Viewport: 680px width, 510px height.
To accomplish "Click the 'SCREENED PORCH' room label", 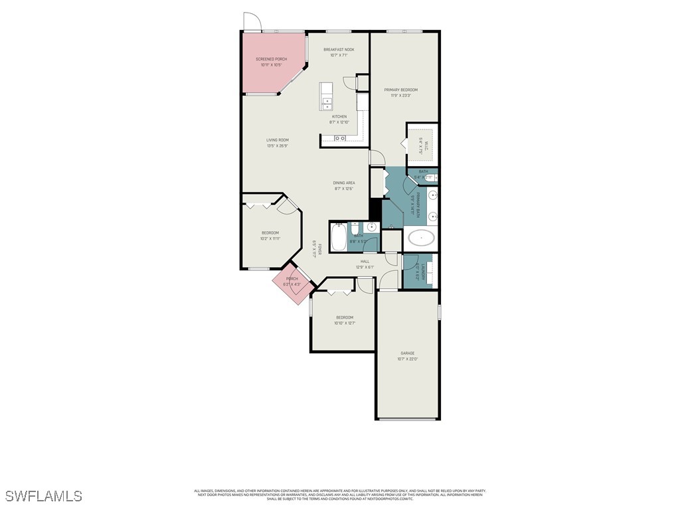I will (271, 59).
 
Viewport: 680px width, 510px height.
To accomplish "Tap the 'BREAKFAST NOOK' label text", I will (339, 50).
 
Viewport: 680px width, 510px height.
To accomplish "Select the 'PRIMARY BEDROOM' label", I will (400, 90).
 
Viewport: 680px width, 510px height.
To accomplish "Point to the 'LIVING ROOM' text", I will (278, 140).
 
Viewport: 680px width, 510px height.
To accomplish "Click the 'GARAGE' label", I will (407, 353).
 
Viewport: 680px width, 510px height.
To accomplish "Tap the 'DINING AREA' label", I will (344, 183).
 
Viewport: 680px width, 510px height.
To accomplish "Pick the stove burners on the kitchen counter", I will (339, 138).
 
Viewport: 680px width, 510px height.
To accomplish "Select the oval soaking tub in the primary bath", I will (421, 237).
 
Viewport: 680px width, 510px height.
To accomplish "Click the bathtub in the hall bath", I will (339, 238).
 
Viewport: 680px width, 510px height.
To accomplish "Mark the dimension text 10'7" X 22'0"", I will (407, 359).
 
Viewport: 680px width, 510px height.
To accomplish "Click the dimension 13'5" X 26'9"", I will (278, 146).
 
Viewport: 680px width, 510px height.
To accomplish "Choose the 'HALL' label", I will (365, 262).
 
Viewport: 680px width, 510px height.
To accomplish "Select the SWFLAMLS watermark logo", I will (44, 496).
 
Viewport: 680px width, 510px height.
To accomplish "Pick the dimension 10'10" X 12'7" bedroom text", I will (344, 323).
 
